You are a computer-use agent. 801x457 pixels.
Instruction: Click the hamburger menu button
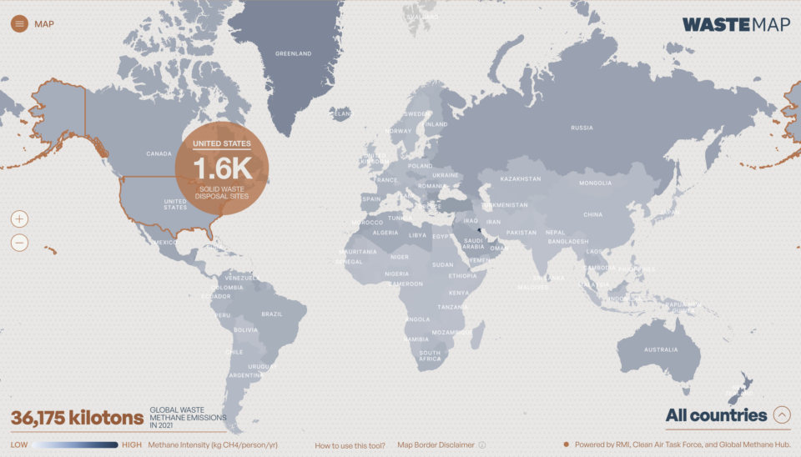click(x=20, y=23)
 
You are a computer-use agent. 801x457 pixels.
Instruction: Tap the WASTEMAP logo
click(x=735, y=24)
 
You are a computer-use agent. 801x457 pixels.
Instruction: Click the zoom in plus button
click(x=20, y=219)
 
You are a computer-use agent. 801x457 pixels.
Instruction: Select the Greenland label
click(x=294, y=53)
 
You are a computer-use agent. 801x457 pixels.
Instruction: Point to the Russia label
click(x=582, y=128)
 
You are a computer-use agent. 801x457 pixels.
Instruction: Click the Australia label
click(x=661, y=349)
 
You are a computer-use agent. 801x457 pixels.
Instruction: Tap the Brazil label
click(x=272, y=314)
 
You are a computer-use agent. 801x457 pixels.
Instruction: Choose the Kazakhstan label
click(x=521, y=178)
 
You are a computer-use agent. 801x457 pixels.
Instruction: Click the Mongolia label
click(x=595, y=183)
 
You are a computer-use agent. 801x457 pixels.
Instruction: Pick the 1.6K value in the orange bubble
click(x=222, y=168)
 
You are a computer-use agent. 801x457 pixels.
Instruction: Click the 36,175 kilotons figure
click(x=77, y=417)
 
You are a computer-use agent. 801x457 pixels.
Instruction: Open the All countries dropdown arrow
click(x=782, y=414)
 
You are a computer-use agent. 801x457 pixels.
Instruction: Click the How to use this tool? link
click(x=350, y=445)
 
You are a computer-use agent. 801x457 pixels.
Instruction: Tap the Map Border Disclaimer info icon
click(x=482, y=445)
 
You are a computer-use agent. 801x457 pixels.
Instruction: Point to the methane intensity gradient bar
click(x=76, y=445)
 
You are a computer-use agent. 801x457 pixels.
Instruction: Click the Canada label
click(x=159, y=153)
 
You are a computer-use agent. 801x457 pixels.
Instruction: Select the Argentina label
click(x=245, y=375)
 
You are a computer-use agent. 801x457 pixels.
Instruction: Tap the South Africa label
click(x=430, y=355)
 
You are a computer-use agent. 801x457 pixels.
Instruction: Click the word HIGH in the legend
click(x=132, y=445)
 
